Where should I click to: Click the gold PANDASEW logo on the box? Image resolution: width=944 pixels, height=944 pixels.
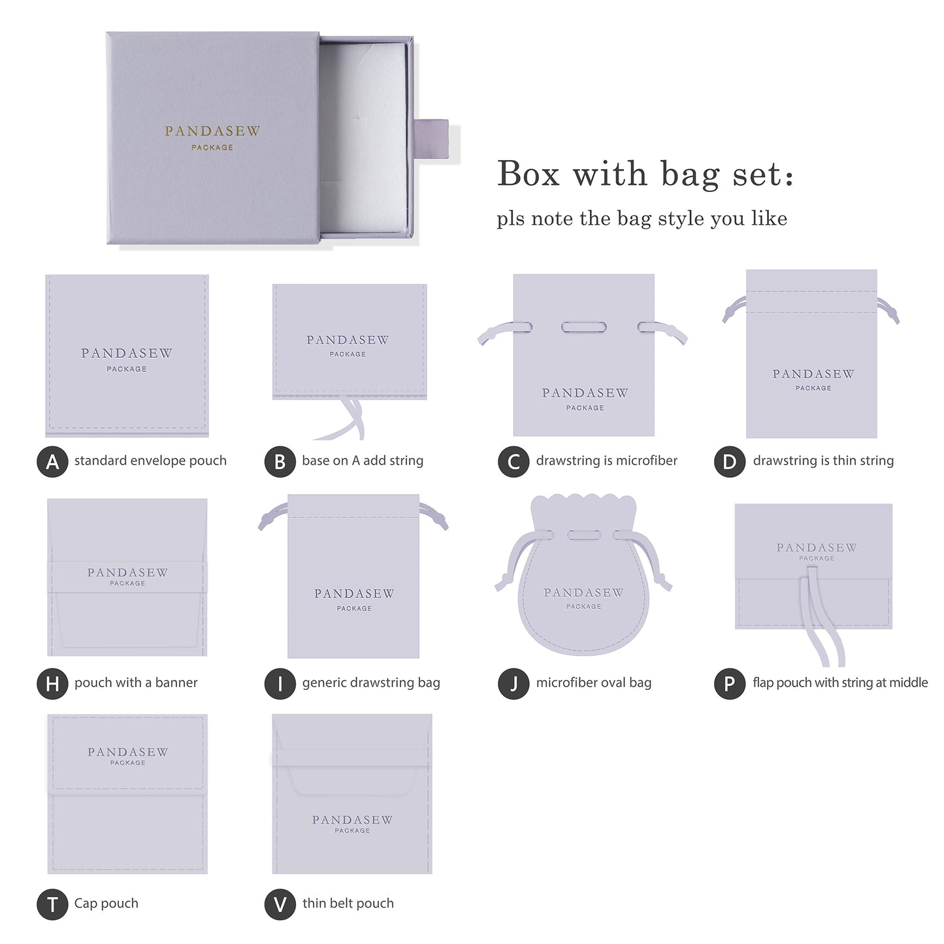pos(212,131)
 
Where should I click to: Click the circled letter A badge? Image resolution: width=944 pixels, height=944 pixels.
pos(52,461)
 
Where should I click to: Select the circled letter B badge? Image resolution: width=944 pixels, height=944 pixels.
pos(280,461)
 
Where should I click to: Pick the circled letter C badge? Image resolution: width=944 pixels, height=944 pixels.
pos(513,461)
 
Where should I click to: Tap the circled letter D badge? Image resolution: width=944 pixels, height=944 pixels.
pos(729,461)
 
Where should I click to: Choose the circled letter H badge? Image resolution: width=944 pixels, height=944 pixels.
pos(52,683)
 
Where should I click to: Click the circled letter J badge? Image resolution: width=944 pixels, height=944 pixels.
pos(513,683)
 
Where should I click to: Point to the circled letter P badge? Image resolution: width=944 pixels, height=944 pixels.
pos(729,683)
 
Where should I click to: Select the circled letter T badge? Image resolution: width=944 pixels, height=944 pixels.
pos(52,905)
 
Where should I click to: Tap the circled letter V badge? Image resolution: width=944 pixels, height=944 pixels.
pos(280,905)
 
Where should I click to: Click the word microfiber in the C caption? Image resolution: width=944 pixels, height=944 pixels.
pos(646,461)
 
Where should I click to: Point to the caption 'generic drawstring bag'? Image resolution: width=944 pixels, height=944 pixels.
pos(371,683)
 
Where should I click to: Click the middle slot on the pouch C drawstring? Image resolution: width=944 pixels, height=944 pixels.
pos(584,327)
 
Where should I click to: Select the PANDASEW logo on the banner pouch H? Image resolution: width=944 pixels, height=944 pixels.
pos(127,573)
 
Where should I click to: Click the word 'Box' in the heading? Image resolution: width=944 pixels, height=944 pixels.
pos(529,174)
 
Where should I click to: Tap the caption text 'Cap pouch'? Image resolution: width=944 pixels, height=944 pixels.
pos(106,903)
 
